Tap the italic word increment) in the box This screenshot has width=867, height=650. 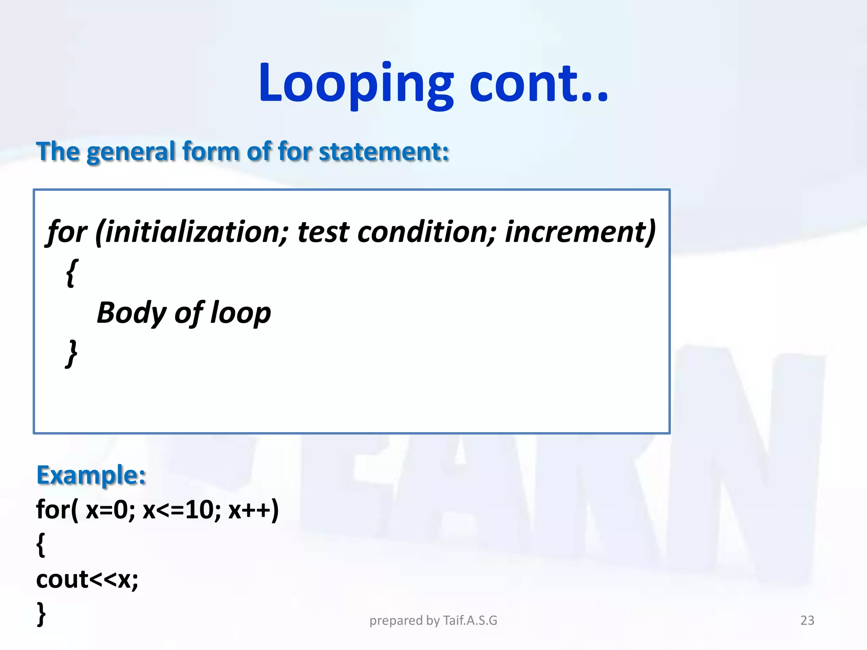click(x=580, y=232)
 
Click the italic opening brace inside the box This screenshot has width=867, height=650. click(x=72, y=273)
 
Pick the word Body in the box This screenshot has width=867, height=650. click(x=131, y=313)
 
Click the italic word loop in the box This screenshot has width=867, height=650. click(x=240, y=313)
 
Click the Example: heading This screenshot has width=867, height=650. click(x=91, y=475)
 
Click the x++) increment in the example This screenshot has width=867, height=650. click(x=253, y=510)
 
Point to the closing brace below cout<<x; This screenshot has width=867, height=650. click(x=41, y=614)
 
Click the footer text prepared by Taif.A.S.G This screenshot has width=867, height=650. click(x=433, y=620)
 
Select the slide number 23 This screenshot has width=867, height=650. click(x=807, y=620)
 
